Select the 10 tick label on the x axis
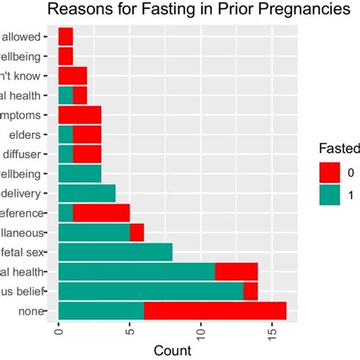tap(201, 334)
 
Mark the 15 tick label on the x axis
tap(272, 334)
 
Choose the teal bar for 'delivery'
tap(87, 193)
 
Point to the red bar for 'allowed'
tap(66, 36)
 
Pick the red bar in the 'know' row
tap(73, 76)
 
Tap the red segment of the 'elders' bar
tap(87, 134)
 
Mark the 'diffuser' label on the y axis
tap(28, 154)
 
